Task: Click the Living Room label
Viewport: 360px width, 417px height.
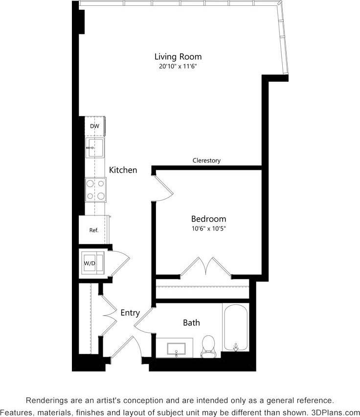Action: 178,57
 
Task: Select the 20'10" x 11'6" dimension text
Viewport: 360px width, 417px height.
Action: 178,67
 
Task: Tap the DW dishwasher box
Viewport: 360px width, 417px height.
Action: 94,126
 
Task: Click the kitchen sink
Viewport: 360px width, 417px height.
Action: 94,147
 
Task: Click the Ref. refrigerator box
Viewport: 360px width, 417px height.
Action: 94,230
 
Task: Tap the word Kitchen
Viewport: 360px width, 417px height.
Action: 123,170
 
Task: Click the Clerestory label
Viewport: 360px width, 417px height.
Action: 206,161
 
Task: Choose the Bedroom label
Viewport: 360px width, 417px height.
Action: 208,219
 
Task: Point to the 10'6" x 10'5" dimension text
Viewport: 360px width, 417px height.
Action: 208,228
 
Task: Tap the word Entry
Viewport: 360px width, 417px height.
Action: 130,313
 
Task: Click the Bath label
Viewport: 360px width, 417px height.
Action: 191,323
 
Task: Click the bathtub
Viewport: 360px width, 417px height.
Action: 236,327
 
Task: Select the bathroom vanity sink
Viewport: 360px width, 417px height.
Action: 176,348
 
